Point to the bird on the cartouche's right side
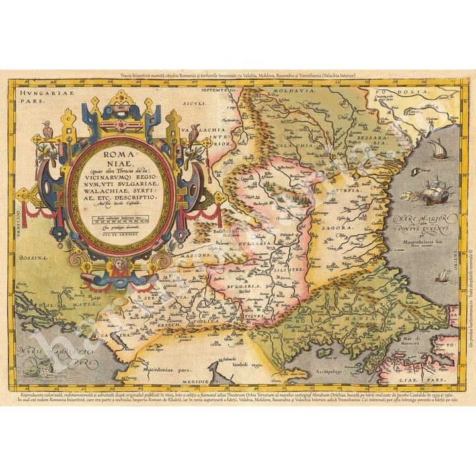coord(192,133)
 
